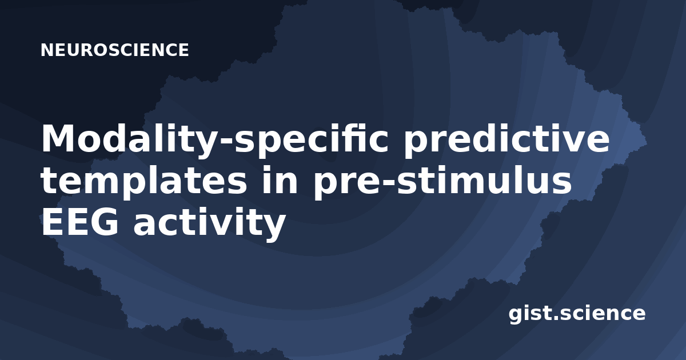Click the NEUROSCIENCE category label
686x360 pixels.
pos(114,50)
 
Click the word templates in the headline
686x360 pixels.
pos(143,182)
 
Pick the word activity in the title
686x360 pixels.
pos(209,223)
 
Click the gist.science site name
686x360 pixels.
pos(577,314)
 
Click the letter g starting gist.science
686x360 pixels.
pos(516,315)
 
